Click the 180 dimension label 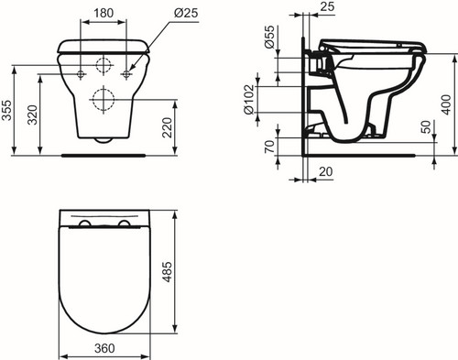(x=104, y=13)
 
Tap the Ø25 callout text (x=186, y=13)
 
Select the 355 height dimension (x=6, y=110)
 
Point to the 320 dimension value (x=32, y=115)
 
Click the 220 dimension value (x=167, y=127)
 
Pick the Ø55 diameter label (x=269, y=37)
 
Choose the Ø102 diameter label (x=249, y=100)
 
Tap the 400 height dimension (x=446, y=104)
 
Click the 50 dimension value (x=426, y=127)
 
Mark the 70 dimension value (x=269, y=147)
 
